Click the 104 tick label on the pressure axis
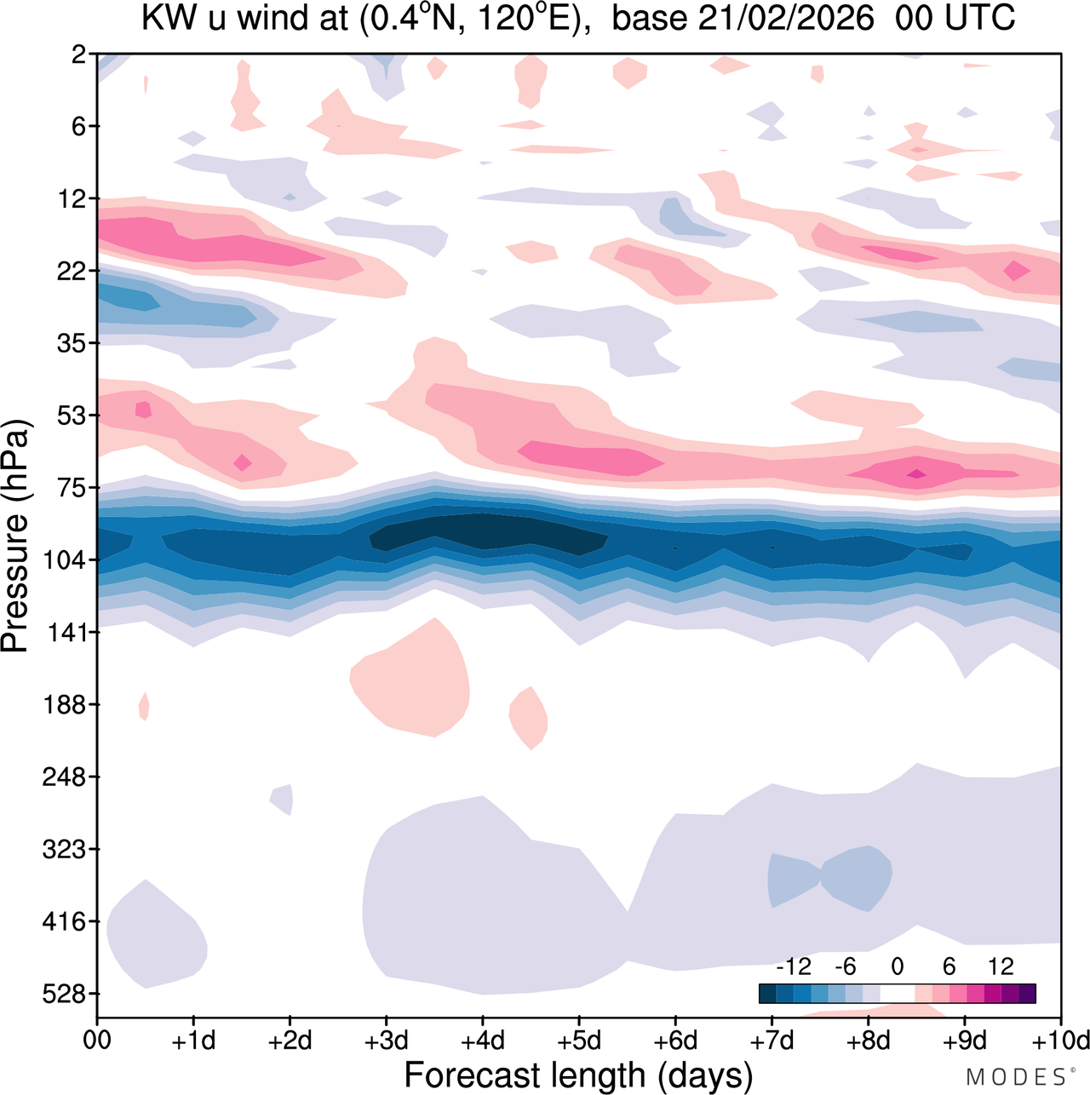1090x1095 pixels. [66, 560]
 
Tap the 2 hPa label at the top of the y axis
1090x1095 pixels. [78, 54]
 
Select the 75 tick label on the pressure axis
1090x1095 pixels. [72, 488]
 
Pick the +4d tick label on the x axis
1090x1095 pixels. [482, 1041]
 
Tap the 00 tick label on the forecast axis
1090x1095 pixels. [97, 1041]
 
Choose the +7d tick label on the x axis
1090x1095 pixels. [772, 1041]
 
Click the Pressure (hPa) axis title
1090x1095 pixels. [15, 536]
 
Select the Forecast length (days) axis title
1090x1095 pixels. [578, 1075]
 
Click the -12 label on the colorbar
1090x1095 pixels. [793, 966]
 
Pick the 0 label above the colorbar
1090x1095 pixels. [898, 966]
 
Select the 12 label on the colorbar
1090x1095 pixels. [1001, 966]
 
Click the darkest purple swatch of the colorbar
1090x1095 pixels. [1027, 994]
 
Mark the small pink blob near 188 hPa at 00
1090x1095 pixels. [144, 706]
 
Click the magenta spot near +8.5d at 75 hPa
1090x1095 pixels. [916, 473]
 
